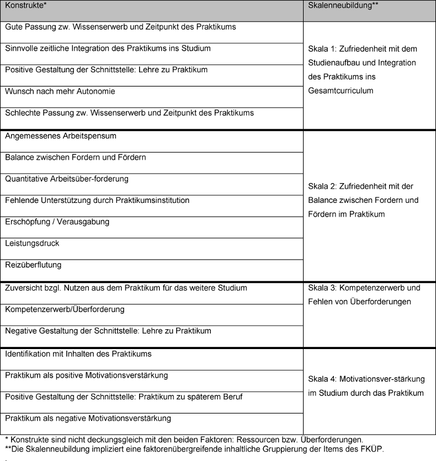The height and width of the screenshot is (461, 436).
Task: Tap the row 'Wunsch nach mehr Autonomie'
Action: click(x=60, y=91)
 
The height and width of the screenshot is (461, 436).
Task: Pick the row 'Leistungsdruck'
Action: click(x=32, y=243)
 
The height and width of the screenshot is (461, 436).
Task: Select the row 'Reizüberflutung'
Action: click(x=33, y=265)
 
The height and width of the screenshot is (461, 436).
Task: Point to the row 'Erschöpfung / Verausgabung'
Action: click(x=57, y=222)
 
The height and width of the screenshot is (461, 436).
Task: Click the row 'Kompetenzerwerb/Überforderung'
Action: click(x=65, y=309)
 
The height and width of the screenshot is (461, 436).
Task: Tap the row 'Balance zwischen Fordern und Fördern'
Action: click(x=76, y=157)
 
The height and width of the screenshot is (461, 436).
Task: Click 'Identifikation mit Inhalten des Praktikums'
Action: click(x=78, y=353)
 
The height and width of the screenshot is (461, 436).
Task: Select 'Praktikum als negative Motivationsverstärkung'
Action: click(x=88, y=418)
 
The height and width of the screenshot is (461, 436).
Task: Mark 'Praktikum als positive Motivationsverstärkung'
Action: click(x=87, y=375)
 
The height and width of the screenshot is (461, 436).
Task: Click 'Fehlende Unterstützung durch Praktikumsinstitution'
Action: click(x=97, y=200)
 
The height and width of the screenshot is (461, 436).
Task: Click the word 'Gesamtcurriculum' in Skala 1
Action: click(x=341, y=90)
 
